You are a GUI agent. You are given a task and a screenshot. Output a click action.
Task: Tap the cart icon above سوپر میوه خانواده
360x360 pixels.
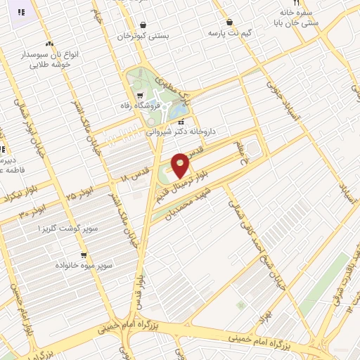click(84, 255)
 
